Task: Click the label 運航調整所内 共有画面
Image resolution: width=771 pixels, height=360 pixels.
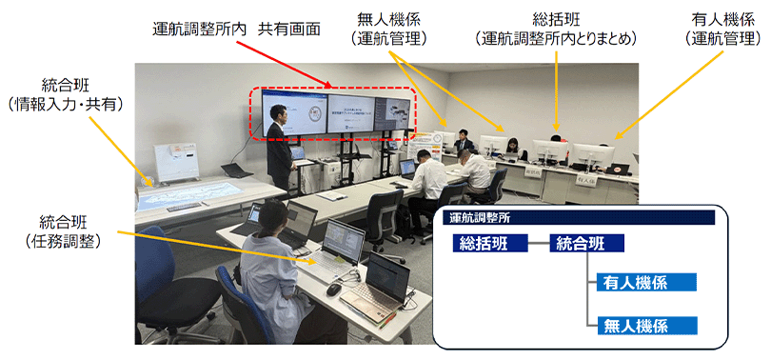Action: (236, 30)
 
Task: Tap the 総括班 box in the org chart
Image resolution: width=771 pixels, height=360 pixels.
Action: (490, 244)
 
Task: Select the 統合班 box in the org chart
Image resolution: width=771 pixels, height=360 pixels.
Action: (586, 244)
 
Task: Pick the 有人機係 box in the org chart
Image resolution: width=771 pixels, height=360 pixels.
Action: (646, 282)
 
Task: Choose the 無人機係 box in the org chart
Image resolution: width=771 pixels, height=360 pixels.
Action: (646, 326)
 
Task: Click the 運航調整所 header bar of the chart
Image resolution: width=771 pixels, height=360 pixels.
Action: (578, 218)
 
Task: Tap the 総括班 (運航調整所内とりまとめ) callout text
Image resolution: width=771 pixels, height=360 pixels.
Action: (556, 30)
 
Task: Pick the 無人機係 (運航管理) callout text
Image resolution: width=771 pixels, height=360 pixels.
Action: (389, 30)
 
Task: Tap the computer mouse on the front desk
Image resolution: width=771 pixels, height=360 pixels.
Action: (333, 290)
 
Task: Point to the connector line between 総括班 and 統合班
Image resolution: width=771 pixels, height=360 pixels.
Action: (538, 244)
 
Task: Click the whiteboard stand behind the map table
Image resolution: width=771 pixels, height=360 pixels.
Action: (176, 162)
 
